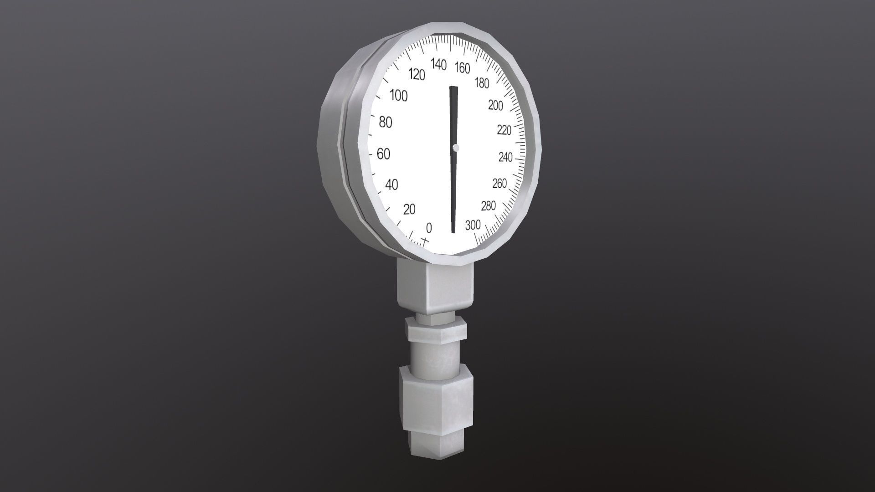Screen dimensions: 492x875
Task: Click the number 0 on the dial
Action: [428, 228]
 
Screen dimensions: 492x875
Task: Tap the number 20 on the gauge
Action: [410, 210]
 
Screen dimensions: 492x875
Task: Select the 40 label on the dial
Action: [391, 184]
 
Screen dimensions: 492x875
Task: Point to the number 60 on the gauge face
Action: [384, 154]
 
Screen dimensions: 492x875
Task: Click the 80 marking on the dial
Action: [386, 123]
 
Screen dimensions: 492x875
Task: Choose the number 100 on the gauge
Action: [399, 96]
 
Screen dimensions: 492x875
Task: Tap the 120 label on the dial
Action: [417, 75]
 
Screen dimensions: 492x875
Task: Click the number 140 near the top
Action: [438, 65]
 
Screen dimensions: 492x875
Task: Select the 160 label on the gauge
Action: [462, 68]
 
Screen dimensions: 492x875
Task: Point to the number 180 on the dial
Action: [481, 83]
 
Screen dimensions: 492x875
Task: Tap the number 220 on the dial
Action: [504, 131]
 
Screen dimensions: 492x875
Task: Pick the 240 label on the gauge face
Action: [505, 158]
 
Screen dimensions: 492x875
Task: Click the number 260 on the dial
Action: [499, 184]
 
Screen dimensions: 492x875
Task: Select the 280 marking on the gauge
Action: [488, 206]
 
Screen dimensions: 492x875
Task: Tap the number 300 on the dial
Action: [473, 225]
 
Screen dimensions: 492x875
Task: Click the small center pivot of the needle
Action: [456, 148]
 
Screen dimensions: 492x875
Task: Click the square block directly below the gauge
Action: [435, 287]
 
